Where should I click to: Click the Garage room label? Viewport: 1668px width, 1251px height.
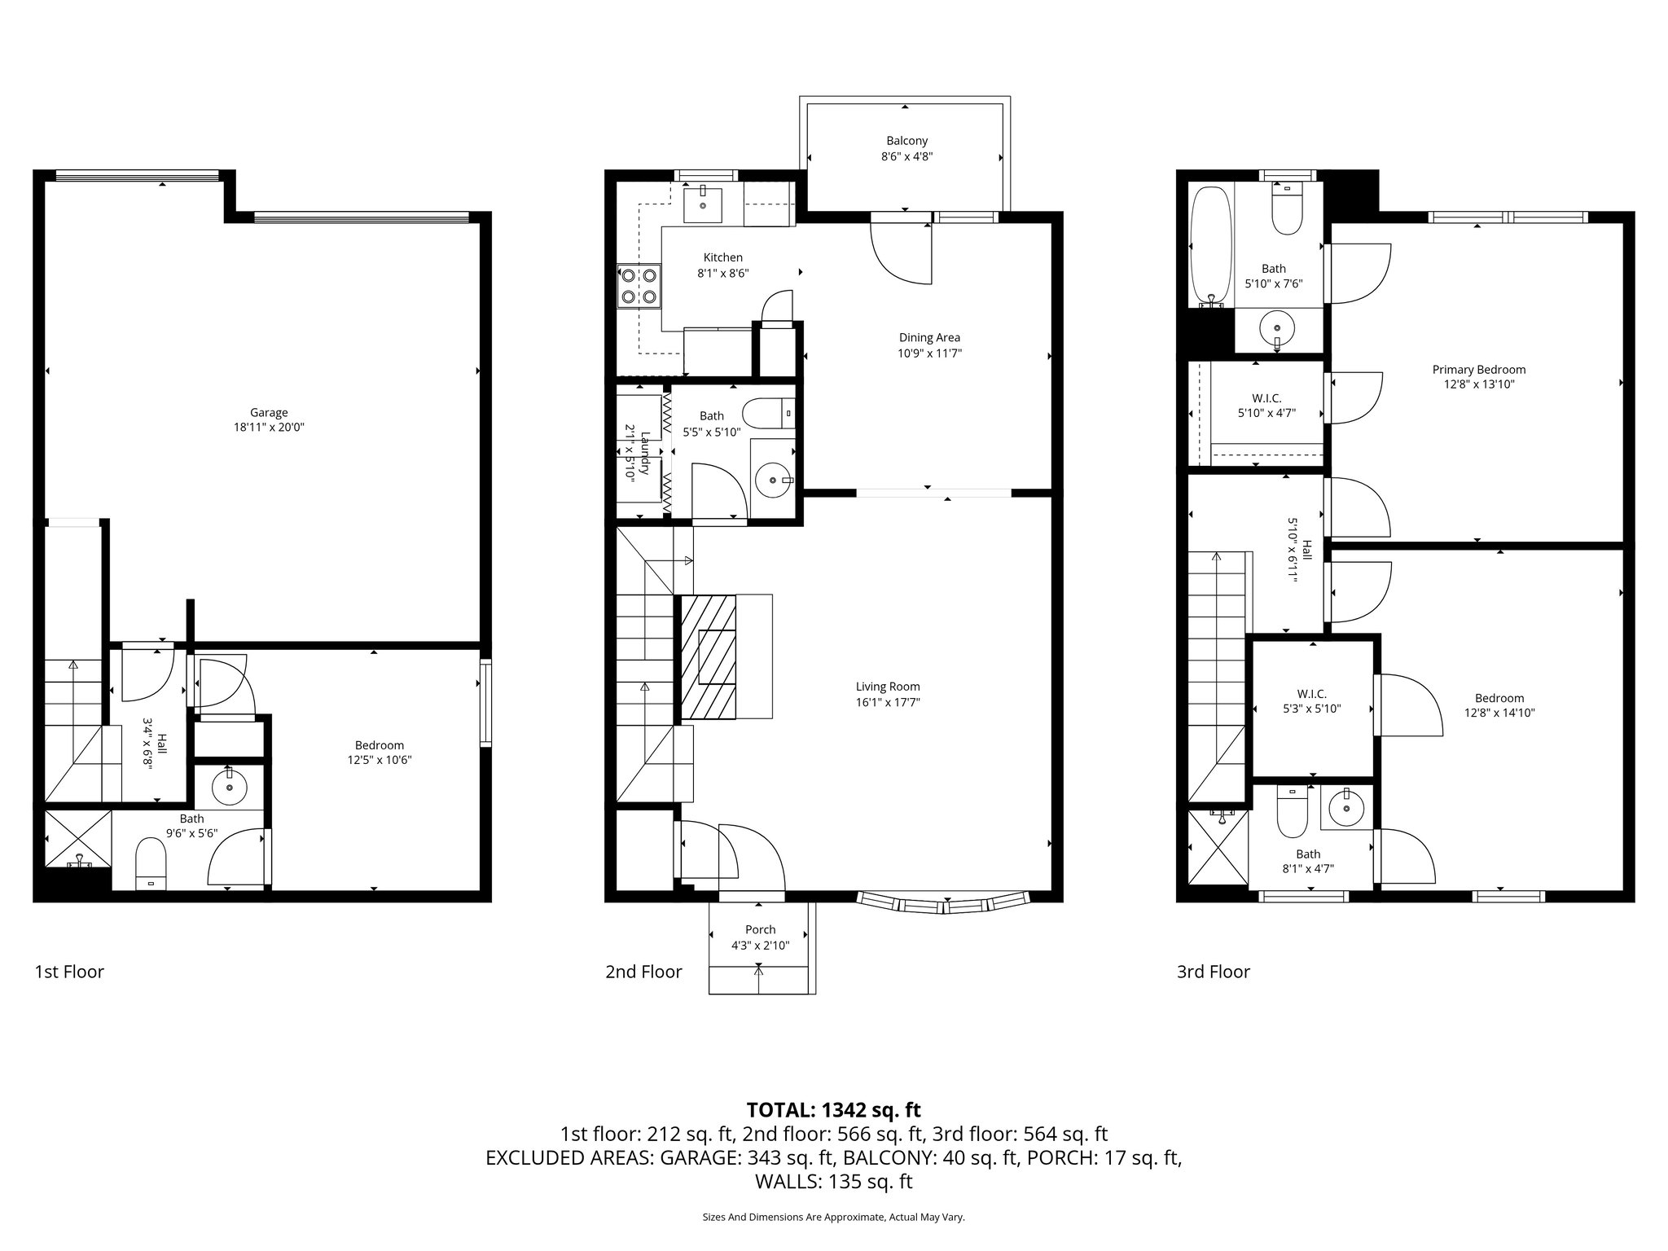[x=269, y=412]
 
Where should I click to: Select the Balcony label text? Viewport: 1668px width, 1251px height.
[x=906, y=141]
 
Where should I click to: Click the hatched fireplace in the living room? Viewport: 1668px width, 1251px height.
[x=708, y=656]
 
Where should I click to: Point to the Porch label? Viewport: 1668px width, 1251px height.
[x=760, y=929]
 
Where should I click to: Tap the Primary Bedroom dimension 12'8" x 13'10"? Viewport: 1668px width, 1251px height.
[x=1478, y=384]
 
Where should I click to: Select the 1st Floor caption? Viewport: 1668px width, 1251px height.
[x=69, y=972]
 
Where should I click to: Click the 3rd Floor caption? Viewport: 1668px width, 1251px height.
[x=1213, y=972]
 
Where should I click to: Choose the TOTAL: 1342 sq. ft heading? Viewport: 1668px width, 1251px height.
[x=833, y=1109]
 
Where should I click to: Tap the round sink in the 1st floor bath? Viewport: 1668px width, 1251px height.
[x=229, y=787]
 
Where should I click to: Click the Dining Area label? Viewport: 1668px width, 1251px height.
[x=929, y=337]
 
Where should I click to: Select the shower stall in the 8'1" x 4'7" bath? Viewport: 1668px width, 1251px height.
[x=1218, y=857]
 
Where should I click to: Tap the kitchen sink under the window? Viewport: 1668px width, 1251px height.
[x=702, y=203]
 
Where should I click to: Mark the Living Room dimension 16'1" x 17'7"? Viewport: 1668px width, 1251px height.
[x=888, y=702]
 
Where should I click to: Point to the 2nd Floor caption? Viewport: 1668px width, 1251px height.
[x=643, y=972]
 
